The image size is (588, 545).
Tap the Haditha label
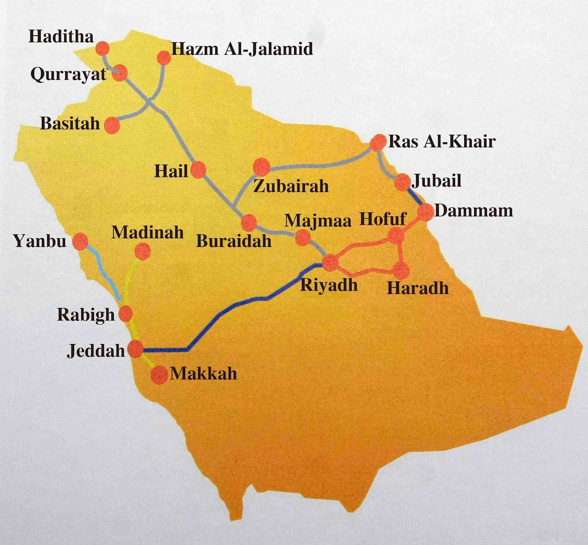61,37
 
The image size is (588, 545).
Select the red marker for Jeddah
135,348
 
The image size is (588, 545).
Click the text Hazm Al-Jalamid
242,49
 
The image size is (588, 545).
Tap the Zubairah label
291,186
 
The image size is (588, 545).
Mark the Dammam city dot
426,212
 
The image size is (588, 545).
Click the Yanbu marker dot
80,241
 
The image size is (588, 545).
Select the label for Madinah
147,232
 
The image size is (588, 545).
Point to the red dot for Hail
198,169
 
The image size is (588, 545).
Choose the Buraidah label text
234,241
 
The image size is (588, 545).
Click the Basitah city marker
112,125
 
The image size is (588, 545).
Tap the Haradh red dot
401,270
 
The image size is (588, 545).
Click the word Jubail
437,181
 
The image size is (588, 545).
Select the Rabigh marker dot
125,313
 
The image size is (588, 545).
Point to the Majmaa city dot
303,237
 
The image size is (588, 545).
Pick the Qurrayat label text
68,75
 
